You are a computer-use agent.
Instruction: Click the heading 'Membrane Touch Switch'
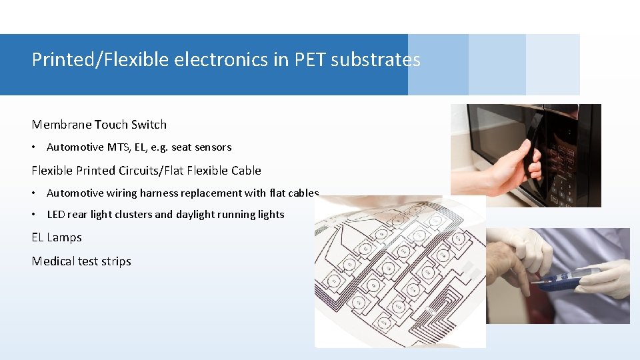[x=99, y=125]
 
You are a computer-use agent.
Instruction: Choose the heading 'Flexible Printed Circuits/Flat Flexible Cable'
[x=146, y=171]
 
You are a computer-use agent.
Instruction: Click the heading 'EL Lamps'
[x=57, y=237]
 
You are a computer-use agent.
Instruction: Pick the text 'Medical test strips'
[x=81, y=261]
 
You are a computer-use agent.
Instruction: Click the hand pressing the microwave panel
[x=510, y=167]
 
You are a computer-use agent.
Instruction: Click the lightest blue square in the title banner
[x=553, y=65]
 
